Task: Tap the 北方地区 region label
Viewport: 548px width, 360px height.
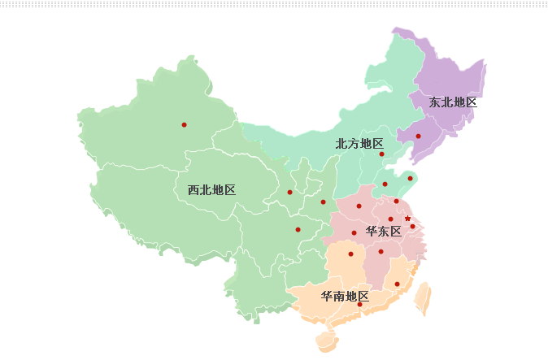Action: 359,143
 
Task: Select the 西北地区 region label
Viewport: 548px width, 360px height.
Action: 211,190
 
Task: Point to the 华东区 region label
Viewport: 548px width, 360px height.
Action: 384,232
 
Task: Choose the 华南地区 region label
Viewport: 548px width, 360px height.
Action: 345,296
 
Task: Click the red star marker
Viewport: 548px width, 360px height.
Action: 407,218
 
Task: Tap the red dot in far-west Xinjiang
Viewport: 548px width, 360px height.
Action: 185,124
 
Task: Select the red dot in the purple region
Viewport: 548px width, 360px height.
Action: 419,136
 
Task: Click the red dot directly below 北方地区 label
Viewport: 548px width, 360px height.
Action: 381,154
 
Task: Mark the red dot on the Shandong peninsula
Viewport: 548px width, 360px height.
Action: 411,178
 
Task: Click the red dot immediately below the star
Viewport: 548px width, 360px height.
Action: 412,227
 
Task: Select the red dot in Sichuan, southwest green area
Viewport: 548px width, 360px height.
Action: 298,229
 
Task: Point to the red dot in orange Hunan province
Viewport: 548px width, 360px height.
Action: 351,254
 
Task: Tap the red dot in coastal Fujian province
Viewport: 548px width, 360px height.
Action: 397,284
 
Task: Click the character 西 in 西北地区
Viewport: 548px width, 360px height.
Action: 194,190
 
